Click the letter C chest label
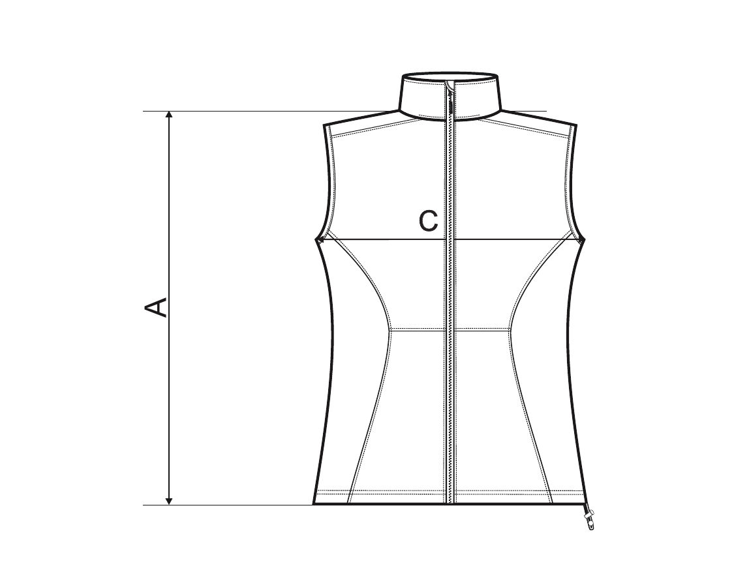coord(428,220)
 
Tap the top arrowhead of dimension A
coord(170,116)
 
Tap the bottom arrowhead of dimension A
coord(170,500)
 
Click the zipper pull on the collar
coord(451,100)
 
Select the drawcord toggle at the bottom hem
coord(589,520)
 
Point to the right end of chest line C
coord(583,239)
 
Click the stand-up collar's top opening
coord(450,76)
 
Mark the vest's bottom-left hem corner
coord(313,505)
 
